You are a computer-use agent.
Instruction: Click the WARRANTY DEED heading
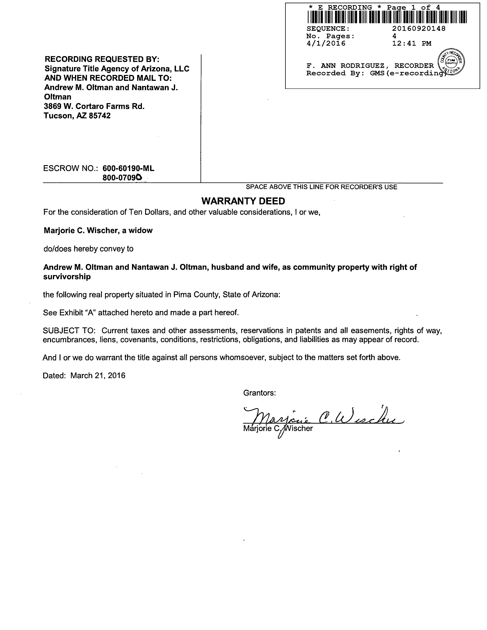coord(243,201)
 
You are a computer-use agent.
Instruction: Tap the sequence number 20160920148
coord(419,29)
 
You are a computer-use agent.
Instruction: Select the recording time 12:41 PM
coord(412,44)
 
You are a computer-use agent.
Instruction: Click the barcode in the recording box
coord(387,17)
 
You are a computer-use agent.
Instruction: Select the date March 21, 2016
coord(98,375)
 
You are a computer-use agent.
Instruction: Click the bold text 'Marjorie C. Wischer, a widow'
coord(98,231)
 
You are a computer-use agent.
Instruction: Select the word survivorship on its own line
coord(67,277)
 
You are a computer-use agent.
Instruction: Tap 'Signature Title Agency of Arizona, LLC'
coord(117,69)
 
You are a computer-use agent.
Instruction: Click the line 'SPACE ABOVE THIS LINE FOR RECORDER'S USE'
coord(321,187)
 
